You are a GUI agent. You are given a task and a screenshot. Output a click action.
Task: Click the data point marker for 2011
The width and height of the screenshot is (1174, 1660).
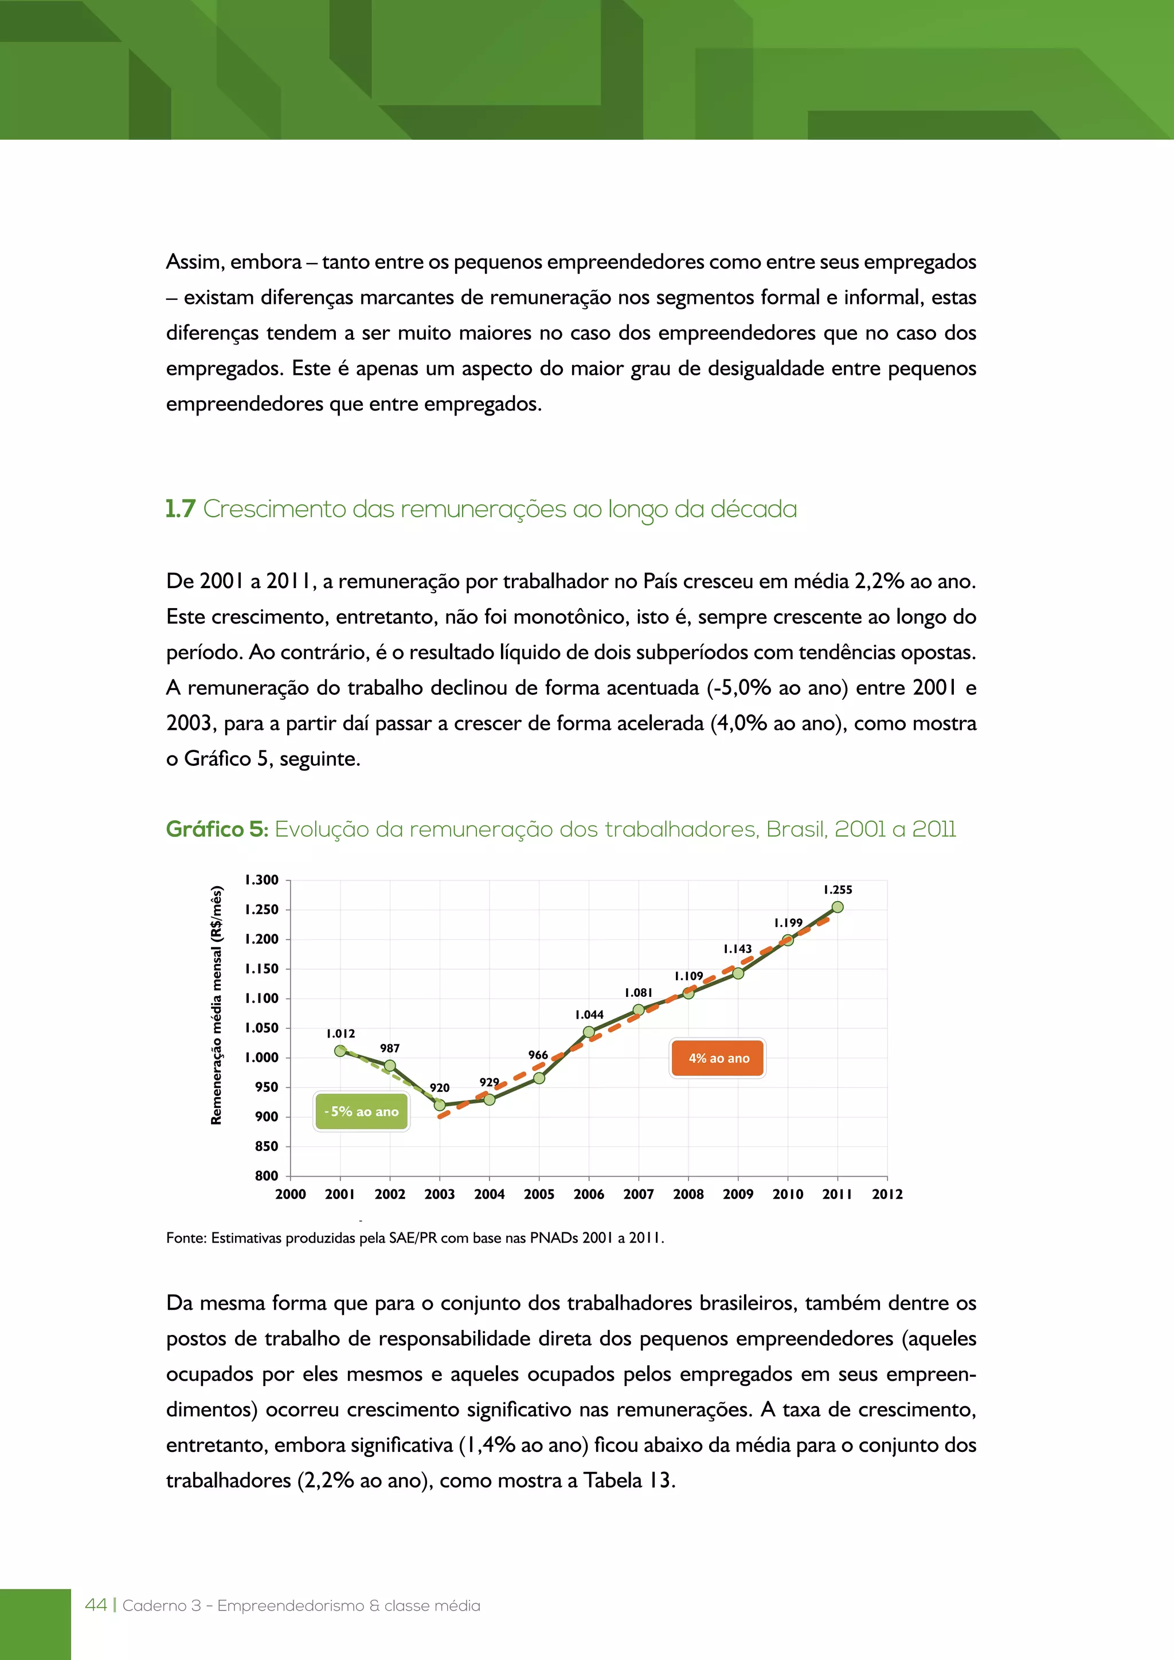click(837, 907)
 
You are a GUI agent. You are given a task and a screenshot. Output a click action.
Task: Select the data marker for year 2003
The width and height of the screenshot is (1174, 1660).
click(440, 1105)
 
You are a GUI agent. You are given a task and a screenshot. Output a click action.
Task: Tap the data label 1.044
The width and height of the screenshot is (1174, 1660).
click(589, 1015)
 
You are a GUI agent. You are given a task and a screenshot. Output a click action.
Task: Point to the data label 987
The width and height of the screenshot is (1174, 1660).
click(390, 1048)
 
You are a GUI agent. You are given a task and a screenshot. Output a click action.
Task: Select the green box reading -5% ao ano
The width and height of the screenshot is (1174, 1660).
click(362, 1111)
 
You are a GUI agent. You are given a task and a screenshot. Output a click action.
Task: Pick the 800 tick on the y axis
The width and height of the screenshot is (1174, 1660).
click(266, 1176)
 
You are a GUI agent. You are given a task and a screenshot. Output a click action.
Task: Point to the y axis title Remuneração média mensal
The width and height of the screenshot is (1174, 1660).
click(216, 1005)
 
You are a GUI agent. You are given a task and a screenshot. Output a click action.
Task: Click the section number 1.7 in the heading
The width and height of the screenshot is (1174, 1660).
click(181, 509)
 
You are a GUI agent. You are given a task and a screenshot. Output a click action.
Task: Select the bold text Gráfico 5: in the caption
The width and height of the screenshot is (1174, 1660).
click(217, 829)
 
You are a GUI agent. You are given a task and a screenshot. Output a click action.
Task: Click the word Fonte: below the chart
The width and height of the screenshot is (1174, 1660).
click(186, 1238)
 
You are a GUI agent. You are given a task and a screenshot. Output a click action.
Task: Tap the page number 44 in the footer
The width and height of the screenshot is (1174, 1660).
click(95, 1605)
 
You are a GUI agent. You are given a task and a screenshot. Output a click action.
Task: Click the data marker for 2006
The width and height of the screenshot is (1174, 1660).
click(589, 1032)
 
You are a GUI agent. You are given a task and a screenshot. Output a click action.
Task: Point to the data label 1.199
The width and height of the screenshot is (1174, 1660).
click(788, 922)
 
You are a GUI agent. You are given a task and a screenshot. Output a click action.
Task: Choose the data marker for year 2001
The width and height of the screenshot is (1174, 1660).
click(341, 1051)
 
